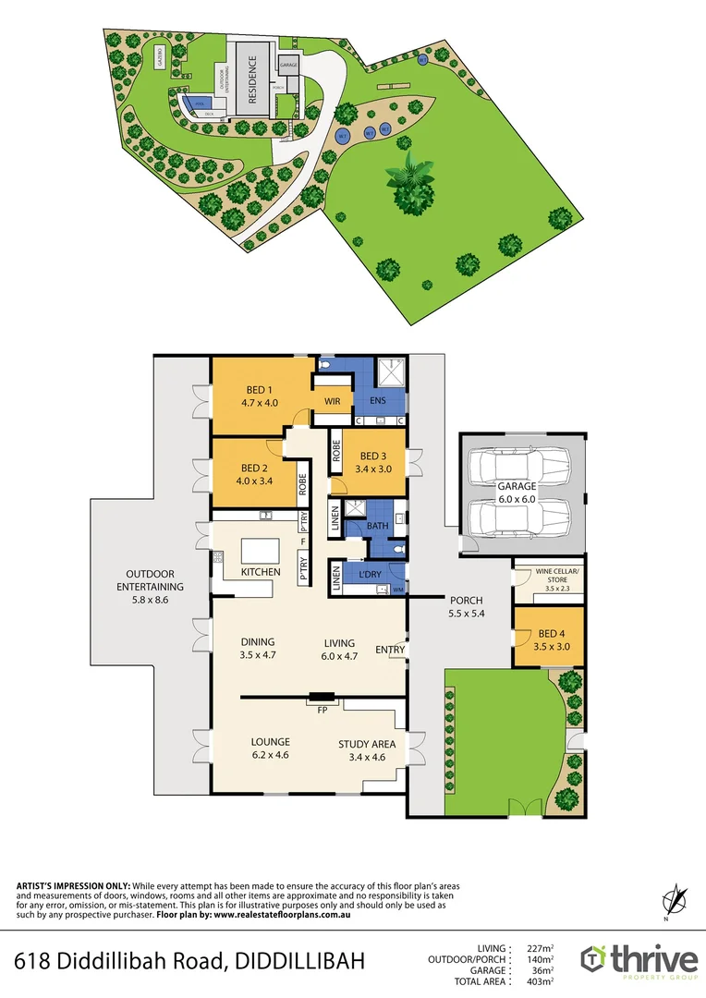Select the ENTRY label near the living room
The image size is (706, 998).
coord(390,650)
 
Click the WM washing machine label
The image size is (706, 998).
coord(398,589)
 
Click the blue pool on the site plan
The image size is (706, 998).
coord(194,102)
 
